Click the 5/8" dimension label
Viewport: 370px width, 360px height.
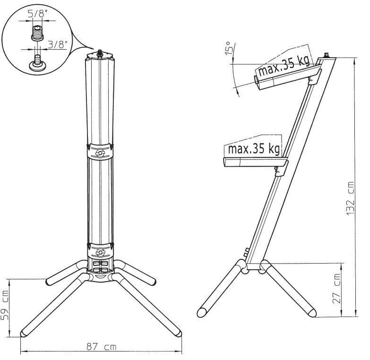click(36, 14)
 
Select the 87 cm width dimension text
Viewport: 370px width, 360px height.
click(102, 347)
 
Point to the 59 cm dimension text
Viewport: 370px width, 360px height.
click(5, 305)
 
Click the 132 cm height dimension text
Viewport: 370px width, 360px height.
click(351, 198)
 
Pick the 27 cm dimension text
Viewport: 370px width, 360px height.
click(336, 288)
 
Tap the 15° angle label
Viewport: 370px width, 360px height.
click(229, 48)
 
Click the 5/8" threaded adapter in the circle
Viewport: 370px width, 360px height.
click(37, 33)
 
